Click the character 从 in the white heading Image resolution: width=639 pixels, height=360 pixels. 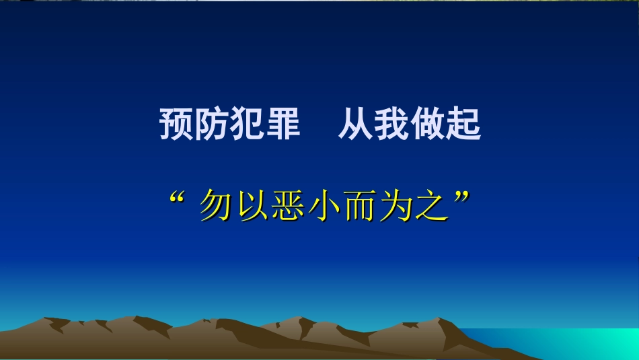[x=355, y=124]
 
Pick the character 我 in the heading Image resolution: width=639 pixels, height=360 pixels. [x=391, y=124]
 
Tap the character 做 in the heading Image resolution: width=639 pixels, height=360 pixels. [x=428, y=124]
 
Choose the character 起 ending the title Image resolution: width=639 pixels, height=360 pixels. [x=464, y=124]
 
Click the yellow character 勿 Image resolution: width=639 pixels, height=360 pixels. [x=217, y=207]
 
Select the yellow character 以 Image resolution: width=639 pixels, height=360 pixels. [x=253, y=207]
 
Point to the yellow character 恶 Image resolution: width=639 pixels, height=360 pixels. [x=289, y=207]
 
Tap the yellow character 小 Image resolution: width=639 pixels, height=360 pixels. [x=326, y=207]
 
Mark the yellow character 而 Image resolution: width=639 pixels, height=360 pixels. [x=361, y=207]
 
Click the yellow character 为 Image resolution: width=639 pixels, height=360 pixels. [x=398, y=207]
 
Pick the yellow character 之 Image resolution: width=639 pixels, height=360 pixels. [x=433, y=207]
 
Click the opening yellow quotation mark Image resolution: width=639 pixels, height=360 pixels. [x=179, y=199]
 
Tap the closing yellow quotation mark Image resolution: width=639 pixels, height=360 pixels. [x=461, y=199]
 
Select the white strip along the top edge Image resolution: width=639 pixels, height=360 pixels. [x=319, y=1]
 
